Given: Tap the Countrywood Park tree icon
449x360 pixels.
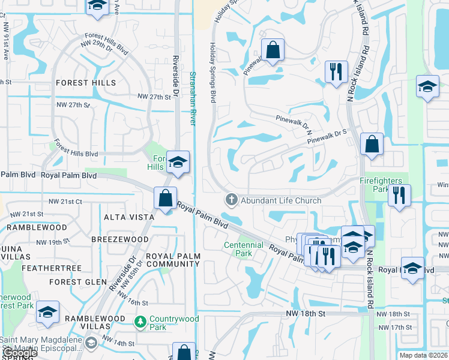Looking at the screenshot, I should (140, 323).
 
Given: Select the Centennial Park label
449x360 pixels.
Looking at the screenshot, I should (244, 249).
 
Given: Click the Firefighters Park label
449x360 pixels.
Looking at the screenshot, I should (382, 184).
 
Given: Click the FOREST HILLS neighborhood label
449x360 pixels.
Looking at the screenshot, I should (86, 83).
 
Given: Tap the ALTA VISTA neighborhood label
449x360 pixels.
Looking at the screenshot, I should (126, 217).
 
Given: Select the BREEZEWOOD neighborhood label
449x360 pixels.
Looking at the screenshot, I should (116, 238).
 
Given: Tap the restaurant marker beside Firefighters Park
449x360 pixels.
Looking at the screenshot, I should (399, 194).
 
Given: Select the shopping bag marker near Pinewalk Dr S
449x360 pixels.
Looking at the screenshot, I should (372, 144).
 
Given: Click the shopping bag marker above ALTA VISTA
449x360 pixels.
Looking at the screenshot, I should (165, 198).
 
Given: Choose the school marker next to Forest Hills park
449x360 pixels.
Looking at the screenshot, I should (178, 162).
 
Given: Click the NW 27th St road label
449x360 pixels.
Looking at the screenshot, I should (151, 97).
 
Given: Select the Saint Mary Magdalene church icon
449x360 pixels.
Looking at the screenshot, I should (91, 343).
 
